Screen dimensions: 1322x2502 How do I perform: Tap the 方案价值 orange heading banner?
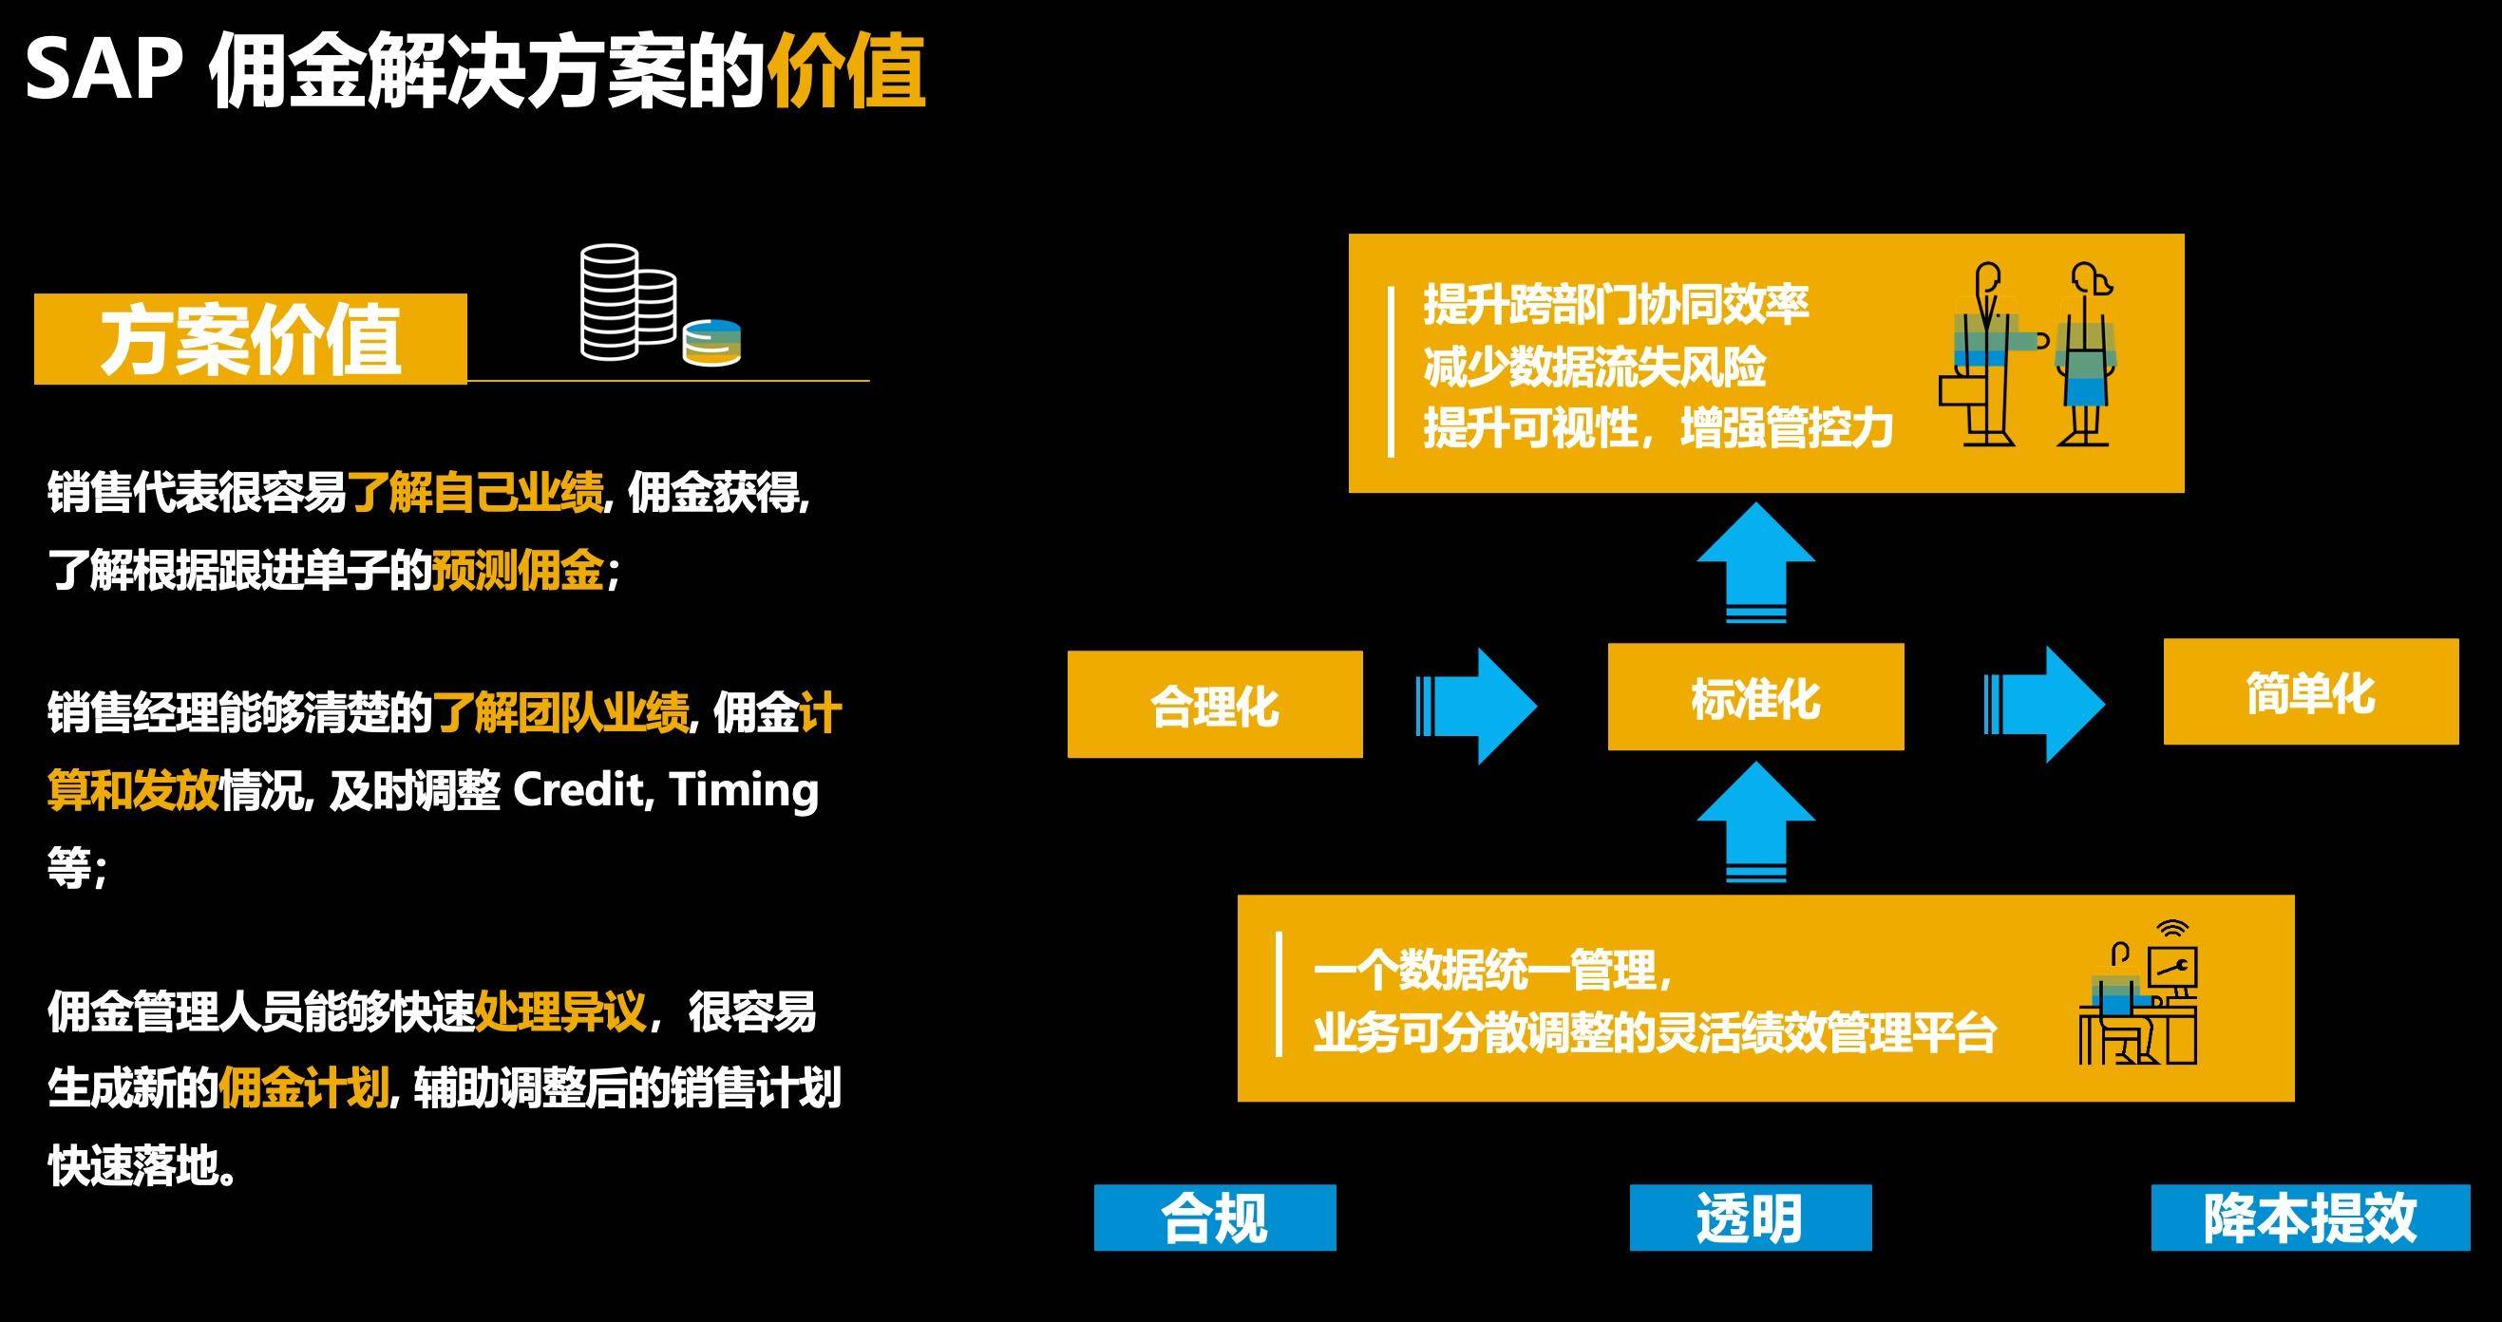[x=251, y=339]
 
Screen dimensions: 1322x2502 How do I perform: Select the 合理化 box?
[x=1214, y=706]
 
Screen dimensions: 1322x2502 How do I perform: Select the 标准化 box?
[x=1755, y=697]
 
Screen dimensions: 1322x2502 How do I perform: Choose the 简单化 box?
[x=2311, y=692]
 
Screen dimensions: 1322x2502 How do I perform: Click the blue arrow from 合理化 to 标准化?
[x=1476, y=706]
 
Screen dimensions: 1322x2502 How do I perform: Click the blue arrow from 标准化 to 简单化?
[x=2043, y=705]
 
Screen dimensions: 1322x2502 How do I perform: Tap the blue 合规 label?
[x=1214, y=1218]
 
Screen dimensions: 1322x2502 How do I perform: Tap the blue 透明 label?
[x=1751, y=1218]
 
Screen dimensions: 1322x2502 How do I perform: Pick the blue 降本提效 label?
[x=2310, y=1218]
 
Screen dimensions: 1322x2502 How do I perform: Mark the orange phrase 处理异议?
[x=560, y=1011]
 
